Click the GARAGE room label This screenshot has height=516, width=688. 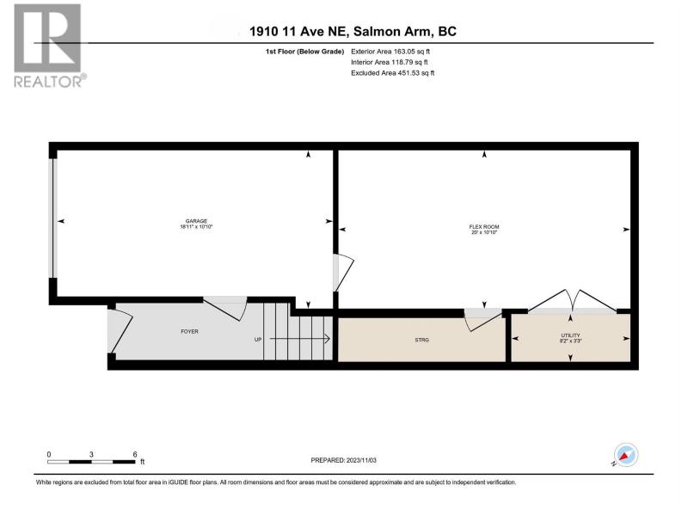coord(196,221)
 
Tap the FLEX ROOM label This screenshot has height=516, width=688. coord(484,227)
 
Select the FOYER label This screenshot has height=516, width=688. coord(189,332)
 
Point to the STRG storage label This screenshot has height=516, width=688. coord(421,340)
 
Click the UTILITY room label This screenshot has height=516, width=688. coord(570,335)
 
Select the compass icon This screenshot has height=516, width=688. coord(626,455)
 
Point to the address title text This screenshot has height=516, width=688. coord(353,32)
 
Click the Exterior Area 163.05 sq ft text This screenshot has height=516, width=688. coord(390,52)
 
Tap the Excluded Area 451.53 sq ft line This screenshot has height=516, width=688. coord(393,73)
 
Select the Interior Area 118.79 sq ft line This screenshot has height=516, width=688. coord(390,62)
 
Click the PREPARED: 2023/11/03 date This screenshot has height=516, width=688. coord(343,460)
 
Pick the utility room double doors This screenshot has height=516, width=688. coord(572,302)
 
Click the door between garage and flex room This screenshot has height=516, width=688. coord(343,273)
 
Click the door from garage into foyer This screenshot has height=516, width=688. coord(225,309)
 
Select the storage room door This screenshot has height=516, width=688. coord(483,320)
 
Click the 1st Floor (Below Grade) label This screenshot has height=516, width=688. coord(304,52)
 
